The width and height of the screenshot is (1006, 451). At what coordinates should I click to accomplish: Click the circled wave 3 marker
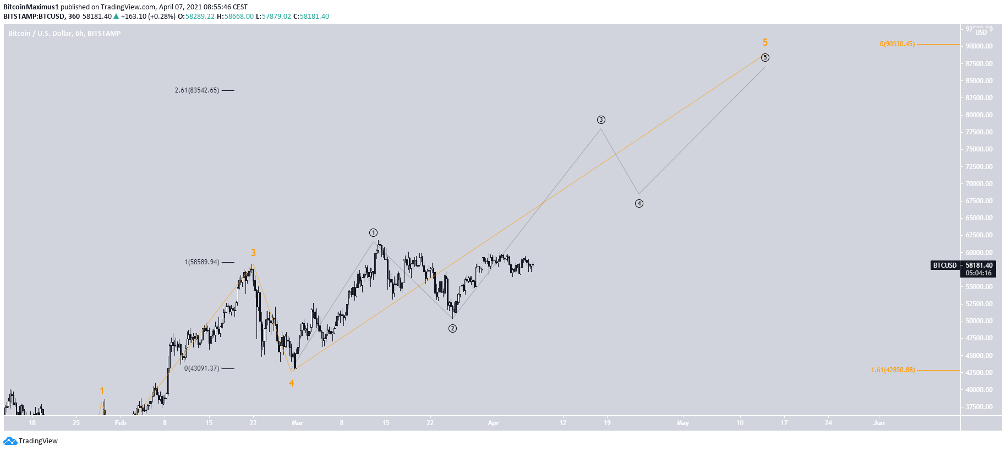[601, 119]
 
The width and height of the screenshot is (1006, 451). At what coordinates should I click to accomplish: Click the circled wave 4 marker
[639, 203]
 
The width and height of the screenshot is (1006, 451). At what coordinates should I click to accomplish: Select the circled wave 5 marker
[765, 57]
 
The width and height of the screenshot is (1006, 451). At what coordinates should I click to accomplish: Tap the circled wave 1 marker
[373, 232]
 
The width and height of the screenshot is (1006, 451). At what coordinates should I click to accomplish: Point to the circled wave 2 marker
[452, 328]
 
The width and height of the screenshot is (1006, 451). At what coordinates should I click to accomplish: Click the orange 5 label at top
[765, 42]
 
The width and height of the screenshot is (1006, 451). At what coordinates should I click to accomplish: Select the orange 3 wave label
[253, 253]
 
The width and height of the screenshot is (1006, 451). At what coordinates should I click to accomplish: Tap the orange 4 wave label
[291, 383]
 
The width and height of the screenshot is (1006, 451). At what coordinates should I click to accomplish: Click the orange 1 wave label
[102, 391]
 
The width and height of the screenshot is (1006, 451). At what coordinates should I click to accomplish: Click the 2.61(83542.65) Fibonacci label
[196, 90]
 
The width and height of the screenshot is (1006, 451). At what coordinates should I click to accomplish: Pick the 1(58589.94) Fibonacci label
[201, 262]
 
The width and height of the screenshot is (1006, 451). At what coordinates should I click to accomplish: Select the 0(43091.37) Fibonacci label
[201, 368]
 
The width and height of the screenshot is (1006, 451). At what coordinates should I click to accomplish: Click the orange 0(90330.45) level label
[897, 44]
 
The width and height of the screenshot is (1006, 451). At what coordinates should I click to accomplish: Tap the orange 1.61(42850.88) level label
[893, 370]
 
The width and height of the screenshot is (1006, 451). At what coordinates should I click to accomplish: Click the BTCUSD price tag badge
[945, 265]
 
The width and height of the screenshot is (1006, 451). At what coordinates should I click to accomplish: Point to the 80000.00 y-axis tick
[979, 115]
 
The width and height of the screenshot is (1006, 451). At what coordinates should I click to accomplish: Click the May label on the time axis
[682, 423]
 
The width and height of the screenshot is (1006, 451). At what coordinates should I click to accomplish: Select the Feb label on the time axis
[120, 423]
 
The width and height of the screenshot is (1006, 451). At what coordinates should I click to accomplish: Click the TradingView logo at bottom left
[30, 441]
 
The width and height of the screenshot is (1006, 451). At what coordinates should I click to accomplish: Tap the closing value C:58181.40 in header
[311, 17]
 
